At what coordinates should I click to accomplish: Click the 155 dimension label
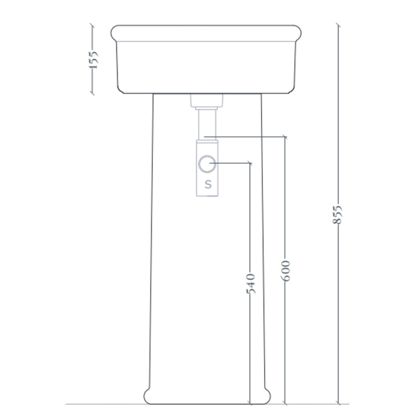tap(92, 60)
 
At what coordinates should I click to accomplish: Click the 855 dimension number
tap(338, 215)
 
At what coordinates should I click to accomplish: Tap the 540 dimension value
tap(251, 283)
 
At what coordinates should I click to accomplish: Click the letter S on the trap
tap(208, 184)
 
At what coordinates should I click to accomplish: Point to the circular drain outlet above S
tap(208, 163)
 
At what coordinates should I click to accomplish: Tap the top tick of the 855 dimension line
tap(338, 25)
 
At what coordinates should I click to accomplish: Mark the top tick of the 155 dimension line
tap(92, 25)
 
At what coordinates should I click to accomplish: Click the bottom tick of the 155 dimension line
tap(92, 94)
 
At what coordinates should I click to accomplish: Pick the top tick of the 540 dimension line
tap(251, 163)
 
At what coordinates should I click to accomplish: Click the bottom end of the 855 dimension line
tap(338, 403)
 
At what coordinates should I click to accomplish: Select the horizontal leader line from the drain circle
tap(234, 163)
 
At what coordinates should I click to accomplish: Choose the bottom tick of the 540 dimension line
tap(251, 403)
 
